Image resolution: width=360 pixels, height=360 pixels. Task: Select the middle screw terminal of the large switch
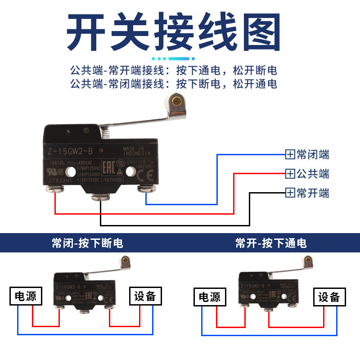[x=99, y=197]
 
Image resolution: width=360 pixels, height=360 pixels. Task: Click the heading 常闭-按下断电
[x=87, y=243]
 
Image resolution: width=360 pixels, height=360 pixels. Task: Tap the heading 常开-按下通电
[x=271, y=243]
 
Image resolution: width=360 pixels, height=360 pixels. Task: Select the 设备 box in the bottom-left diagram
[x=144, y=296]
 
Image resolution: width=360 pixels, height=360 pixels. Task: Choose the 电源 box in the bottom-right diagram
[x=210, y=297]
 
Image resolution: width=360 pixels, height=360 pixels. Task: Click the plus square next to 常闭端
[x=290, y=155]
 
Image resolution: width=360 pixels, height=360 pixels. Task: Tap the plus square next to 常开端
[x=290, y=193]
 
